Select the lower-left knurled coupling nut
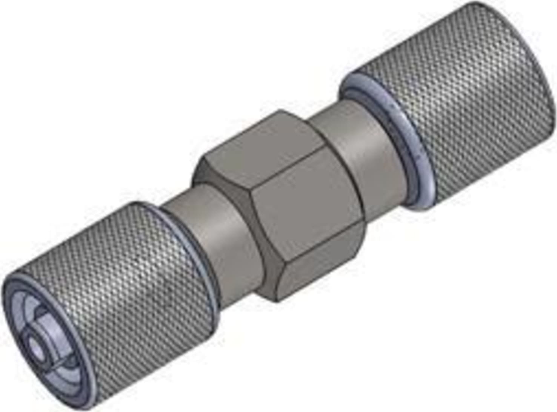point(125,286)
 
